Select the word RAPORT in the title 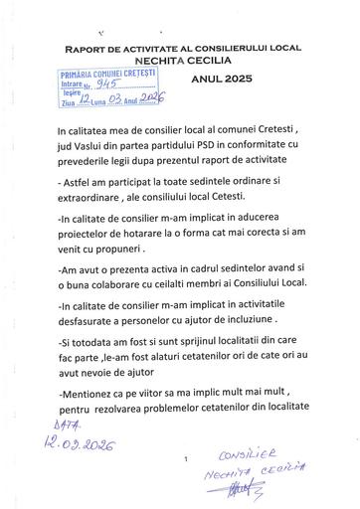[x=90, y=48]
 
